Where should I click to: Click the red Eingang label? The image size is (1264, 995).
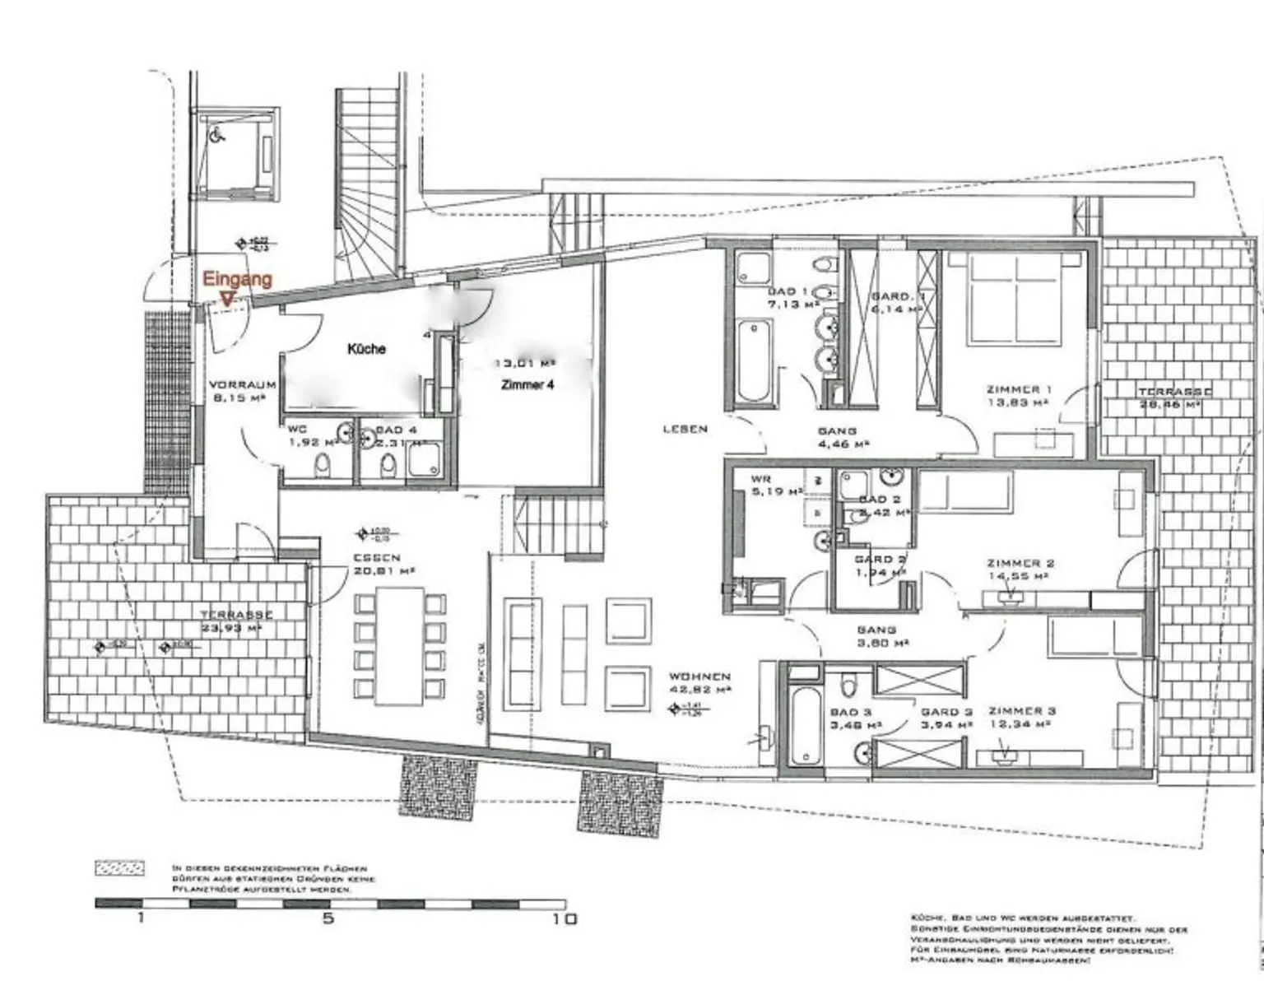click(237, 279)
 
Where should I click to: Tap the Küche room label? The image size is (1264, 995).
click(366, 349)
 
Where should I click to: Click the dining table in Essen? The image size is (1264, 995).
click(399, 646)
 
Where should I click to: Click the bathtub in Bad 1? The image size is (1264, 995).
click(753, 362)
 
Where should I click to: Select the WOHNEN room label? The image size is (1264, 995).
click(699, 677)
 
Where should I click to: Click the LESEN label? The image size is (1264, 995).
click(685, 429)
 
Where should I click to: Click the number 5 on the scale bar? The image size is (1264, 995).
click(328, 918)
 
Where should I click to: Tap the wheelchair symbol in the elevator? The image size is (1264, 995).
click(218, 137)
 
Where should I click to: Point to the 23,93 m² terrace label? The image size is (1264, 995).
click(236, 621)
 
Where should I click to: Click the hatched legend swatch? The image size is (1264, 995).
click(119, 867)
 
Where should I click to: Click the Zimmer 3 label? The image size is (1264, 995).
click(1022, 717)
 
